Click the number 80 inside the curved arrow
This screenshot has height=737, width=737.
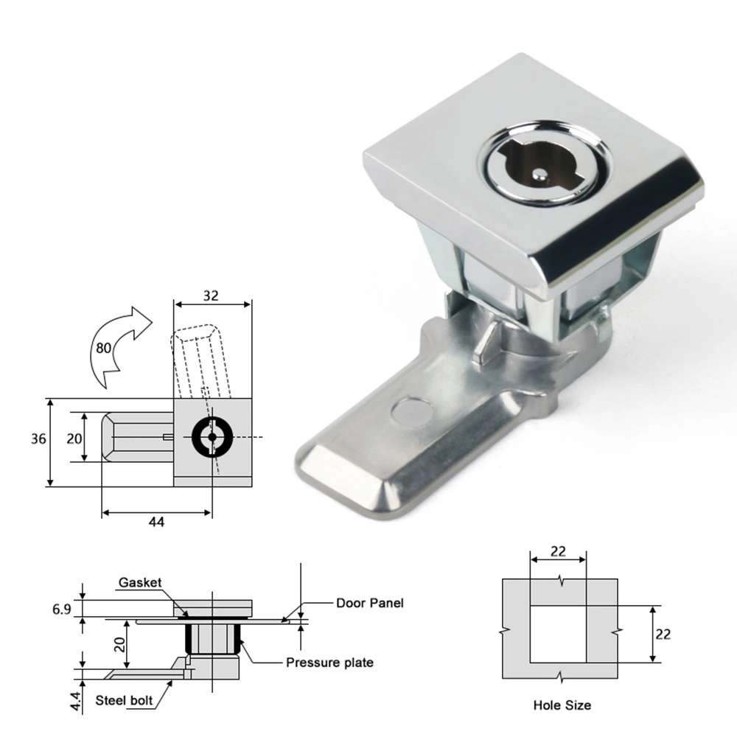point(105,348)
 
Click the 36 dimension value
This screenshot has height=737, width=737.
point(39,439)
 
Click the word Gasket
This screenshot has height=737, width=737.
point(140,583)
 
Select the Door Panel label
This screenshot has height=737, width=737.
point(370,603)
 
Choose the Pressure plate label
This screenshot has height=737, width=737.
point(329,663)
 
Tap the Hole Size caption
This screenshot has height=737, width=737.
point(562,705)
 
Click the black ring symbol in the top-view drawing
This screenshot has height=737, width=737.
point(212,437)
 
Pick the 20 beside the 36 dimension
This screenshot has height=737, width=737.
point(74,439)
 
